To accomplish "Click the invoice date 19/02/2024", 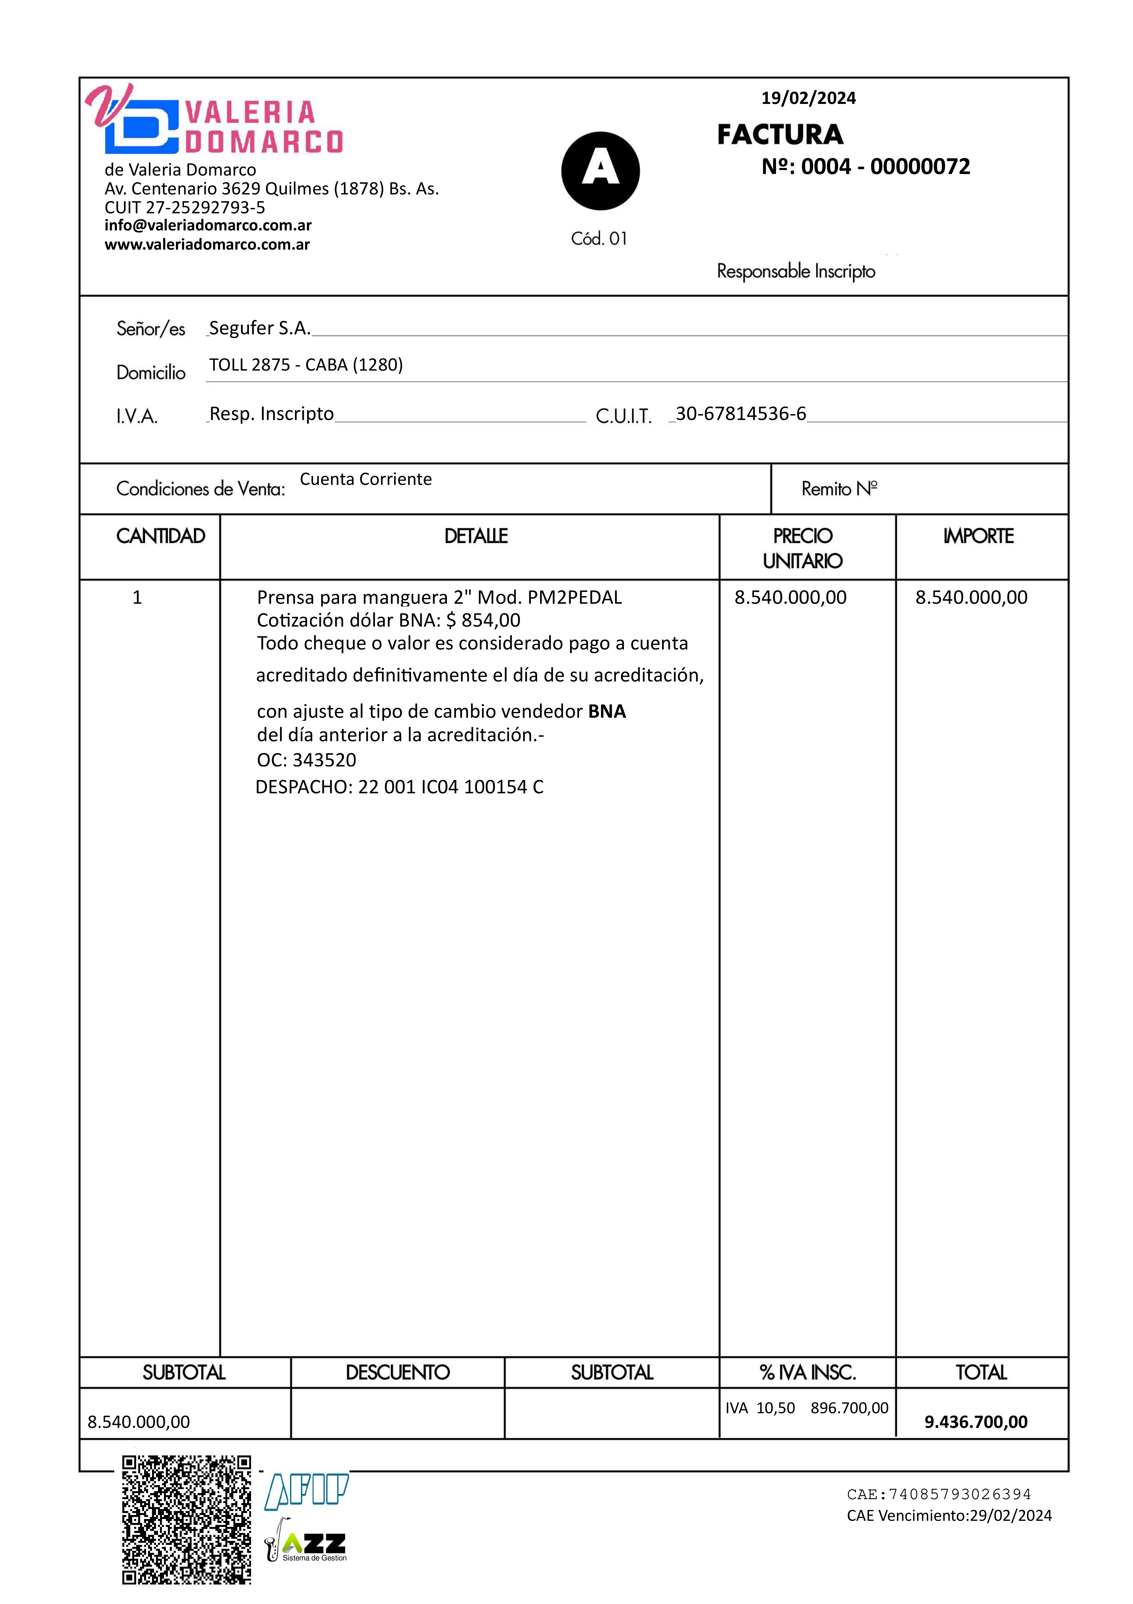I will coord(808,98).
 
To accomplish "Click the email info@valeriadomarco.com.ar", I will coord(208,225).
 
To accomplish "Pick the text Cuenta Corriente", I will coord(365,479).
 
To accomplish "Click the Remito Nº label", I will coord(839,489).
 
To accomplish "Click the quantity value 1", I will coord(137,597).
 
